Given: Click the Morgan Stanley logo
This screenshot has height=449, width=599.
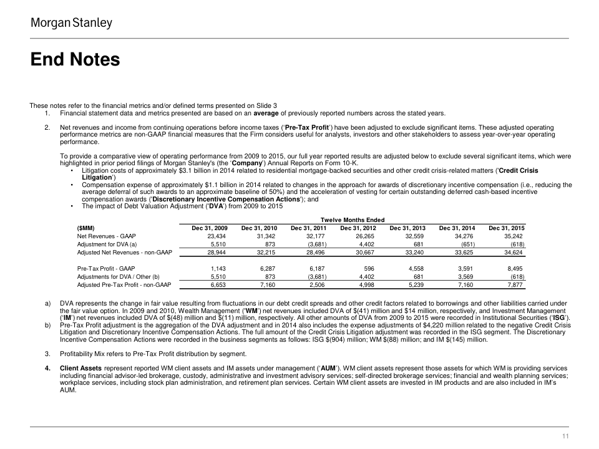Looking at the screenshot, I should tap(72, 23).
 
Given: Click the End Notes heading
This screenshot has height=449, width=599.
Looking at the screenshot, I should tap(75, 60).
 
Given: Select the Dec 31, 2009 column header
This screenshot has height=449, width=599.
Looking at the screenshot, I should tap(210, 228).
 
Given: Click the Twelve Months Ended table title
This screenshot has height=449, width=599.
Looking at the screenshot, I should tap(352, 220).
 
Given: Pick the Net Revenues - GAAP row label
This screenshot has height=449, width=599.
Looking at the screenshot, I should tap(106, 236).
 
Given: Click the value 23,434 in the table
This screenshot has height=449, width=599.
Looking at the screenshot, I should tap(215, 236).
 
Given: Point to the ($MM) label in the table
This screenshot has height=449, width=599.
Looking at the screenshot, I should tap(86, 228).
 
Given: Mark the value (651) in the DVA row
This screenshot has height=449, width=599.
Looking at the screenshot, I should tap(466, 244).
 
